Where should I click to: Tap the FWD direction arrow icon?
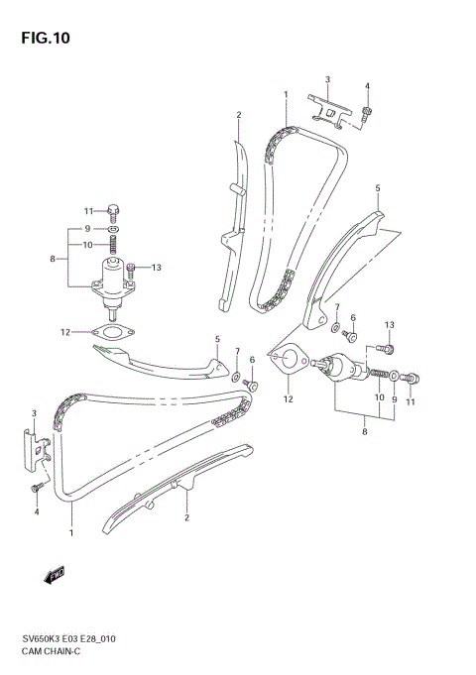point(55,574)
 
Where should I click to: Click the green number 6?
point(252,360)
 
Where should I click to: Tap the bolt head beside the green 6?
point(253,382)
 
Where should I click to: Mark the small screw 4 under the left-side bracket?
point(38,487)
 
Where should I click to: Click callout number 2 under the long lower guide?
point(185,516)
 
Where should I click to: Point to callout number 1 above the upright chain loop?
point(286,95)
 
